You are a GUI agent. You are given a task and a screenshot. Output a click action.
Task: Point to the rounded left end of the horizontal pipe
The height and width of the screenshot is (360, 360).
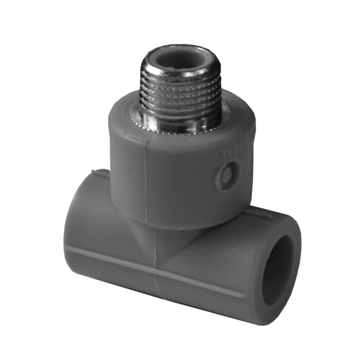(72, 225)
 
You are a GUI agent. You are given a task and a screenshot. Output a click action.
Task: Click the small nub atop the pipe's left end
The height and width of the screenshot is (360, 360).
(93, 171)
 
